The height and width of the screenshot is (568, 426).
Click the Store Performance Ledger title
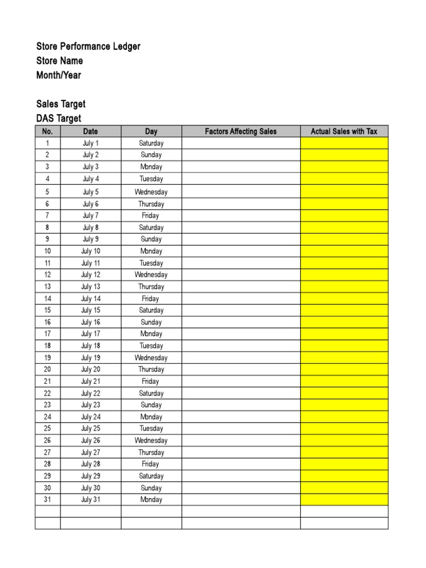click(x=88, y=47)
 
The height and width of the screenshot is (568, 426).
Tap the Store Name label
click(x=59, y=61)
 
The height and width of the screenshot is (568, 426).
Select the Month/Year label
click(x=58, y=75)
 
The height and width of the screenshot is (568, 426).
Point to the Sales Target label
click(x=61, y=104)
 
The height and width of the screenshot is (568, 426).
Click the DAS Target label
click(x=59, y=118)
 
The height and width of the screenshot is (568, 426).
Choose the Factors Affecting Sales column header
click(x=241, y=131)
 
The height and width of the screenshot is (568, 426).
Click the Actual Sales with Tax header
click(x=344, y=131)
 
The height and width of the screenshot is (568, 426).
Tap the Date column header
click(x=90, y=131)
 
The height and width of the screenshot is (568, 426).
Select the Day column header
click(x=151, y=131)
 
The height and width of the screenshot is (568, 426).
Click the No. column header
click(x=47, y=131)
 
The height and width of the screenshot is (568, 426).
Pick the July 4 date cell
click(x=90, y=179)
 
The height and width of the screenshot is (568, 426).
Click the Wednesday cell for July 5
click(x=151, y=192)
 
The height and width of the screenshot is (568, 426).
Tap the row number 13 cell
click(x=47, y=287)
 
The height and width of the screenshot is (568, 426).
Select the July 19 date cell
click(x=90, y=358)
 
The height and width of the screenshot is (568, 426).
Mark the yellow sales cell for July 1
click(x=344, y=143)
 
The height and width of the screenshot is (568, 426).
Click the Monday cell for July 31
click(x=151, y=500)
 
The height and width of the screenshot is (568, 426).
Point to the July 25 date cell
click(x=90, y=429)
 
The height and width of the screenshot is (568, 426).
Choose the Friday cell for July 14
click(x=151, y=298)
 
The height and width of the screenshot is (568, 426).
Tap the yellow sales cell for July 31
click(x=344, y=500)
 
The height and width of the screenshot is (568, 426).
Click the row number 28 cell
click(x=47, y=464)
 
